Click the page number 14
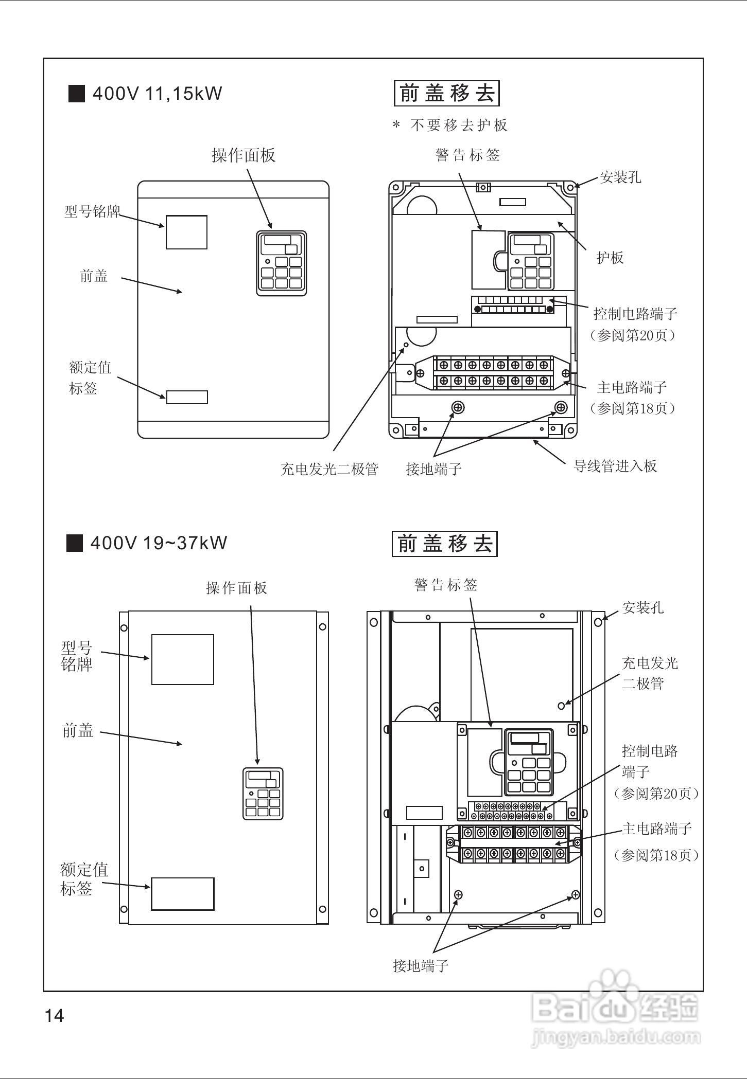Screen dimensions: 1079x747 click(x=55, y=1016)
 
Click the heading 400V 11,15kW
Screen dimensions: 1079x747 click(x=157, y=94)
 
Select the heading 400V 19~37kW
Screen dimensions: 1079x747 click(x=159, y=543)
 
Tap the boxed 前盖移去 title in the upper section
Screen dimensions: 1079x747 click(x=446, y=94)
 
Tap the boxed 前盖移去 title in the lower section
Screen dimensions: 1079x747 click(x=444, y=544)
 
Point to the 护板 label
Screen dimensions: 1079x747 click(x=610, y=258)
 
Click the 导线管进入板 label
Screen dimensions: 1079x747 click(x=615, y=466)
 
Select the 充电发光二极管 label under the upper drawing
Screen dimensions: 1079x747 click(x=329, y=469)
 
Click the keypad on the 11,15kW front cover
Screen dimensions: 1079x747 click(x=281, y=263)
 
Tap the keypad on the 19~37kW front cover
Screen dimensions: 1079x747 click(x=263, y=794)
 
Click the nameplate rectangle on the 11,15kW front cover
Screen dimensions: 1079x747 click(x=186, y=232)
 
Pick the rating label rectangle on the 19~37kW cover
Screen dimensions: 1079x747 click(x=182, y=894)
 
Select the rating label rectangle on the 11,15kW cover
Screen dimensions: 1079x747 click(x=187, y=397)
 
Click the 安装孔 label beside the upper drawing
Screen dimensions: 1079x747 click(x=620, y=177)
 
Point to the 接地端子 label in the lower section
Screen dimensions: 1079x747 click(x=421, y=966)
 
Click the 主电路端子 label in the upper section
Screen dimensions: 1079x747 click(x=632, y=387)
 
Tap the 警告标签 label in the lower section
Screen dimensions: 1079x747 click(x=446, y=585)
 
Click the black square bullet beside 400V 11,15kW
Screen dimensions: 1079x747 click(x=76, y=94)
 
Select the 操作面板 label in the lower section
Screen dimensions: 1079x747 click(x=236, y=588)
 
